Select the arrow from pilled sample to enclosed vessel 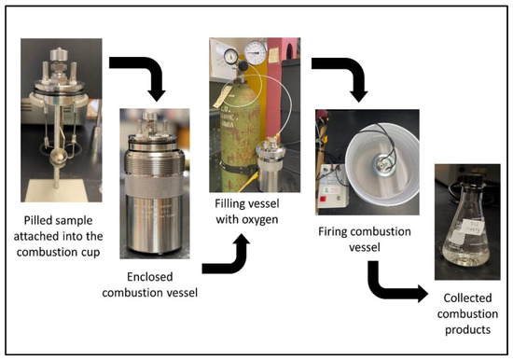(x=139, y=75)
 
